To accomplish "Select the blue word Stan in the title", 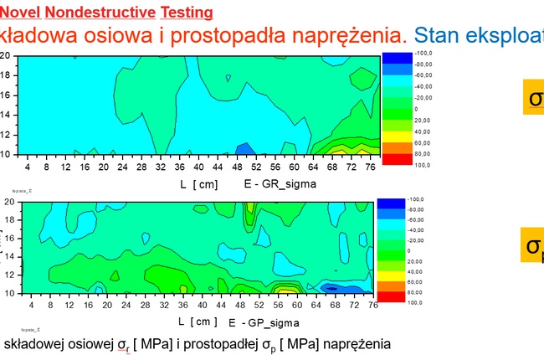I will (436, 36).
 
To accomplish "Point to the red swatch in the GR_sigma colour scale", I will (396, 159).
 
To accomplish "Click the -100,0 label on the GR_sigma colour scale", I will (422, 54).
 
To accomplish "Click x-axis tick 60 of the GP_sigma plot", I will (297, 306).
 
